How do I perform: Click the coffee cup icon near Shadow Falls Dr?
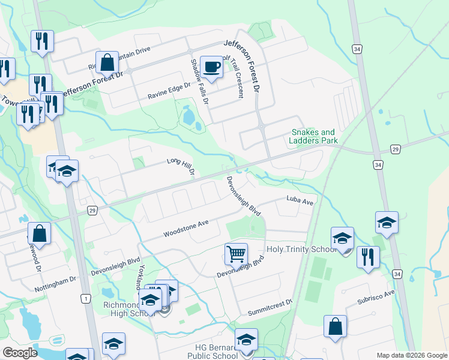[x=211, y=67]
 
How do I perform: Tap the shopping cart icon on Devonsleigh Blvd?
[x=236, y=254]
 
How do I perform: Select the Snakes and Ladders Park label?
[x=313, y=136]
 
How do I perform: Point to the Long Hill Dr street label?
[x=181, y=165]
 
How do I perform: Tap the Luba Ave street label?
[x=300, y=201]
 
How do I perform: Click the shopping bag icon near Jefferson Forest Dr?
[x=107, y=62]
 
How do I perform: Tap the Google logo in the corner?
[x=20, y=353]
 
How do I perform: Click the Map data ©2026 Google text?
[x=411, y=355]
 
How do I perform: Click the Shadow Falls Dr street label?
[x=199, y=82]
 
